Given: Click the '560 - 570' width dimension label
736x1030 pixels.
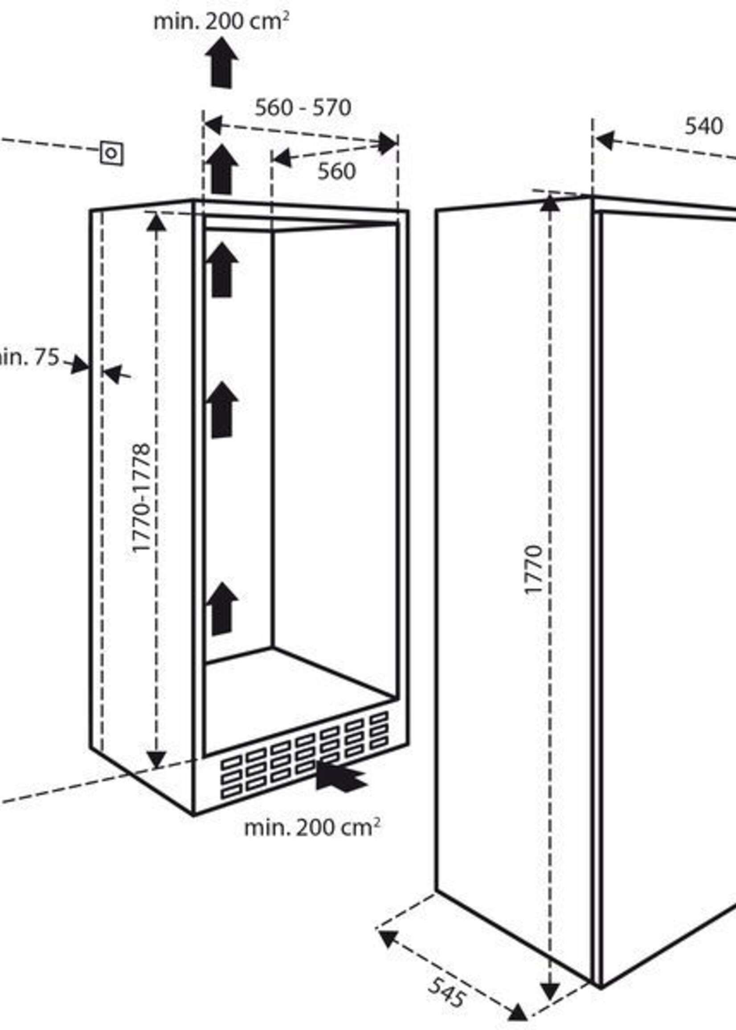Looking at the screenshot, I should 303,108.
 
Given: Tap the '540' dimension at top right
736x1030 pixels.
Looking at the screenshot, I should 703,126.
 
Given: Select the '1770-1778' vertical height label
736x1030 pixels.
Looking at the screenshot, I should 141,498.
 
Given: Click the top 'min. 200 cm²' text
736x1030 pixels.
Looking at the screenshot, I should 221,22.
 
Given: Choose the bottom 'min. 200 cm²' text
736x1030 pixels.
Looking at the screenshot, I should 312,827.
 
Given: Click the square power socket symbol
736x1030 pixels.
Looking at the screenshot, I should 111,153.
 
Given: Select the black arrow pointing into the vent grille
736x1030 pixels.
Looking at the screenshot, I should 340,776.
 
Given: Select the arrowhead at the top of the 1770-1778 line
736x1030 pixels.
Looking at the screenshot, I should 157,222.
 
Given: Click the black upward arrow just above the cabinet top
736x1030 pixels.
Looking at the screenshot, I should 222,169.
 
